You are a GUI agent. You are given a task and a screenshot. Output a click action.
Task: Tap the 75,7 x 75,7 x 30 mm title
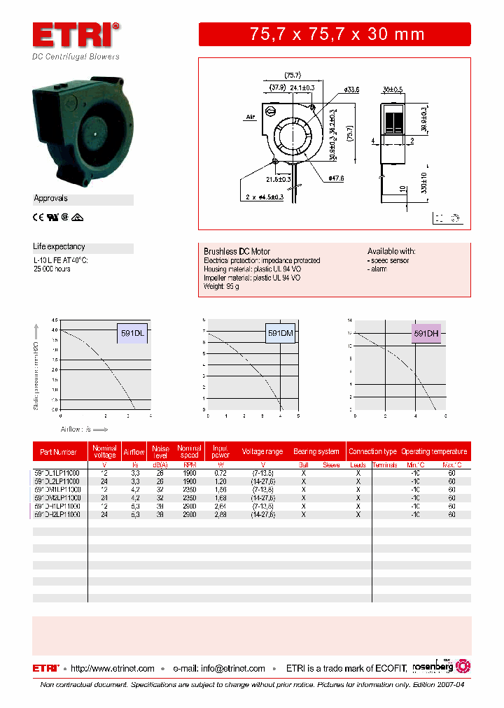pos(337,34)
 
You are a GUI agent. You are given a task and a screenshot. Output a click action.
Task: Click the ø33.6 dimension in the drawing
pos(351,90)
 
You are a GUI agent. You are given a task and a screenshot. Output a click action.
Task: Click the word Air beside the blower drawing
pos(248,118)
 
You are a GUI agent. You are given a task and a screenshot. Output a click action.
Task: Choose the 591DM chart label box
pos(280,334)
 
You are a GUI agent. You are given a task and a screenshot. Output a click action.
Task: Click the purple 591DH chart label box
pos(426,334)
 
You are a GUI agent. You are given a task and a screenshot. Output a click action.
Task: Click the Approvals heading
pos(50,199)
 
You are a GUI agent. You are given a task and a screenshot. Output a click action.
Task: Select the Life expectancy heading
pos(59,247)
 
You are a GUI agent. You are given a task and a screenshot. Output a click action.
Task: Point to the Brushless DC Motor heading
pos(237,251)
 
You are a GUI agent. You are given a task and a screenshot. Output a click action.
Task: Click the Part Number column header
pos(59,452)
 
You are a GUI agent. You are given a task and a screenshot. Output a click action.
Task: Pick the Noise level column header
pos(160,452)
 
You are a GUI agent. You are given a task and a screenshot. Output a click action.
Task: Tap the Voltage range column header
pos(263,452)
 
